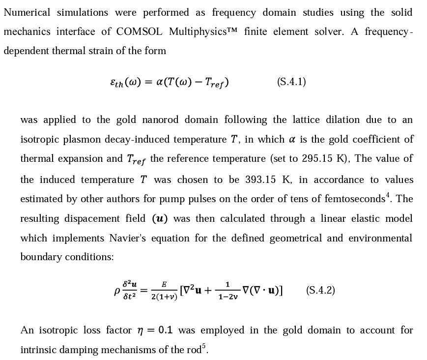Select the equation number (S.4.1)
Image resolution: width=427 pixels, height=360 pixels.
(291, 82)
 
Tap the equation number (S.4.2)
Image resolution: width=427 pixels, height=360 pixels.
(320, 290)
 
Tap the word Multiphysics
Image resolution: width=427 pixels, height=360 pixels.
(199, 32)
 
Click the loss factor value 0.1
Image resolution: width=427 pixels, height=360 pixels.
(166, 330)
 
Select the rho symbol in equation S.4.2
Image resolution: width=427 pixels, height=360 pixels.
(116, 291)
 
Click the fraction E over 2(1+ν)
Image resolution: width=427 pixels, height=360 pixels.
(164, 291)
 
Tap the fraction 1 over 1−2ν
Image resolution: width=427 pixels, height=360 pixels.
(228, 291)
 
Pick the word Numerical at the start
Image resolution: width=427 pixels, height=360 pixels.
(27, 12)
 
